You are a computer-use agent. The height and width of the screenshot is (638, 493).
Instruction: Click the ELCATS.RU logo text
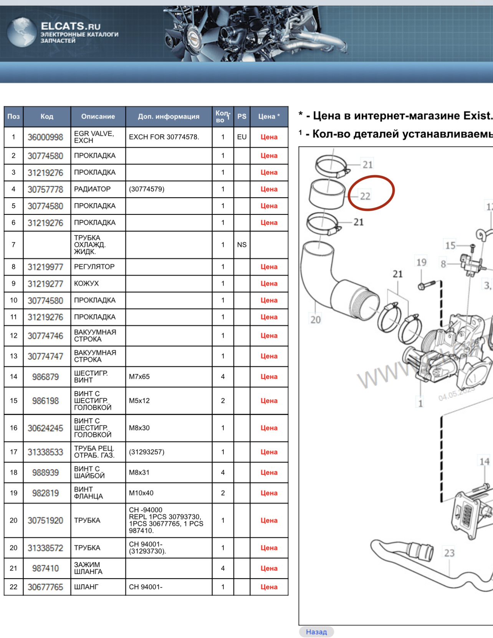(71, 26)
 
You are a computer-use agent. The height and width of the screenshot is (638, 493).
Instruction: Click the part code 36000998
(45, 137)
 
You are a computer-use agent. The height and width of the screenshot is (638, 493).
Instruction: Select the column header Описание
(98, 116)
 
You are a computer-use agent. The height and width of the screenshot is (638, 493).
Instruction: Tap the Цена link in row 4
(269, 189)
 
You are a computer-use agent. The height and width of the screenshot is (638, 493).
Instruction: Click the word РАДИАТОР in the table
(92, 189)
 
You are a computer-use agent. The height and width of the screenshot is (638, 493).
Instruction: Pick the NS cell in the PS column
(242, 245)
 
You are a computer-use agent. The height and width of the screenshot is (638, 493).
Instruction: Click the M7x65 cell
(139, 377)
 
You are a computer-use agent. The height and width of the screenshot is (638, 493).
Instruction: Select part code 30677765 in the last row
(45, 587)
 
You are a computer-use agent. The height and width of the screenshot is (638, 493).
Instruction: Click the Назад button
(316, 632)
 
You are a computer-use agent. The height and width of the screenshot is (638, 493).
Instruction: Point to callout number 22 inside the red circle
(365, 196)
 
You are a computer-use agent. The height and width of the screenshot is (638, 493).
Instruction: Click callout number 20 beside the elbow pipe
(315, 320)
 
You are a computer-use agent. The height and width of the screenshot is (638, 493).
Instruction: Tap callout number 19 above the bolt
(421, 262)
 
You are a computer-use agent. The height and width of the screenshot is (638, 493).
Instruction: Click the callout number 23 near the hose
(449, 553)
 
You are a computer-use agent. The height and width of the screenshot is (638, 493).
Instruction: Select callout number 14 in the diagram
(484, 462)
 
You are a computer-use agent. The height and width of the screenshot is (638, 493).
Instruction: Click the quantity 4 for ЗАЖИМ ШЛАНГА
(223, 568)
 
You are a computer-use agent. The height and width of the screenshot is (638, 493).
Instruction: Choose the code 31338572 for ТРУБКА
(45, 548)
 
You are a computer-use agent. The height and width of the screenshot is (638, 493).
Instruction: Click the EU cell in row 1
(242, 137)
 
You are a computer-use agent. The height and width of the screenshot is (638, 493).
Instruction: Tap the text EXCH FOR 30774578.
(164, 137)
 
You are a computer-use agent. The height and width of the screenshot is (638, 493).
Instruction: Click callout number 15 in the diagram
(450, 245)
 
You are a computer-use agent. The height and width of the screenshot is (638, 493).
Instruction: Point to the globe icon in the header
(22, 32)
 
